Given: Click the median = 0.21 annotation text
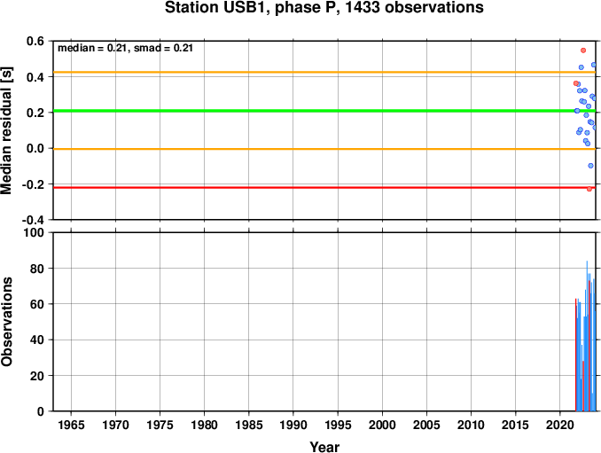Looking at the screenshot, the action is [91, 48].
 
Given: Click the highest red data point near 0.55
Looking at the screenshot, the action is [583, 51].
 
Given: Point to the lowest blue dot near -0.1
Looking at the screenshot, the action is [590, 166].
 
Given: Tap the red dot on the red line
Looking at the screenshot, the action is [589, 189].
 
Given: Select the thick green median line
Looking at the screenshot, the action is [324, 111].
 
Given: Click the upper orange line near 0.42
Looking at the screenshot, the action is [324, 72].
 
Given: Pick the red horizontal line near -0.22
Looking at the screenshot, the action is [324, 187].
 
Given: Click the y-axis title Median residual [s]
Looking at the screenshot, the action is [6, 130].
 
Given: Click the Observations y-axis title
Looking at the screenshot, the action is [6, 322].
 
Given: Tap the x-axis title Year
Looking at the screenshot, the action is [324, 447].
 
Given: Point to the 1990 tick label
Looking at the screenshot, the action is [293, 425].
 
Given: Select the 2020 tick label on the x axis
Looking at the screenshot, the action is [560, 425].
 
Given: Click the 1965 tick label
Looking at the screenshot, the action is [71, 425].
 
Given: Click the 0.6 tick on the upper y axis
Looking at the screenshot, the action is [35, 41].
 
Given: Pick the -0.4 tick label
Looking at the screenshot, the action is [33, 220].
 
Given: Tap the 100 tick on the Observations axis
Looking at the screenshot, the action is [34, 232].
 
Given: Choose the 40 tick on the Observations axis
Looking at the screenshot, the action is [37, 340].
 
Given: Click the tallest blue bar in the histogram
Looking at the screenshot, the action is [587, 336].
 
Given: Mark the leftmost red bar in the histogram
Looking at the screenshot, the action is [575, 355].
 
